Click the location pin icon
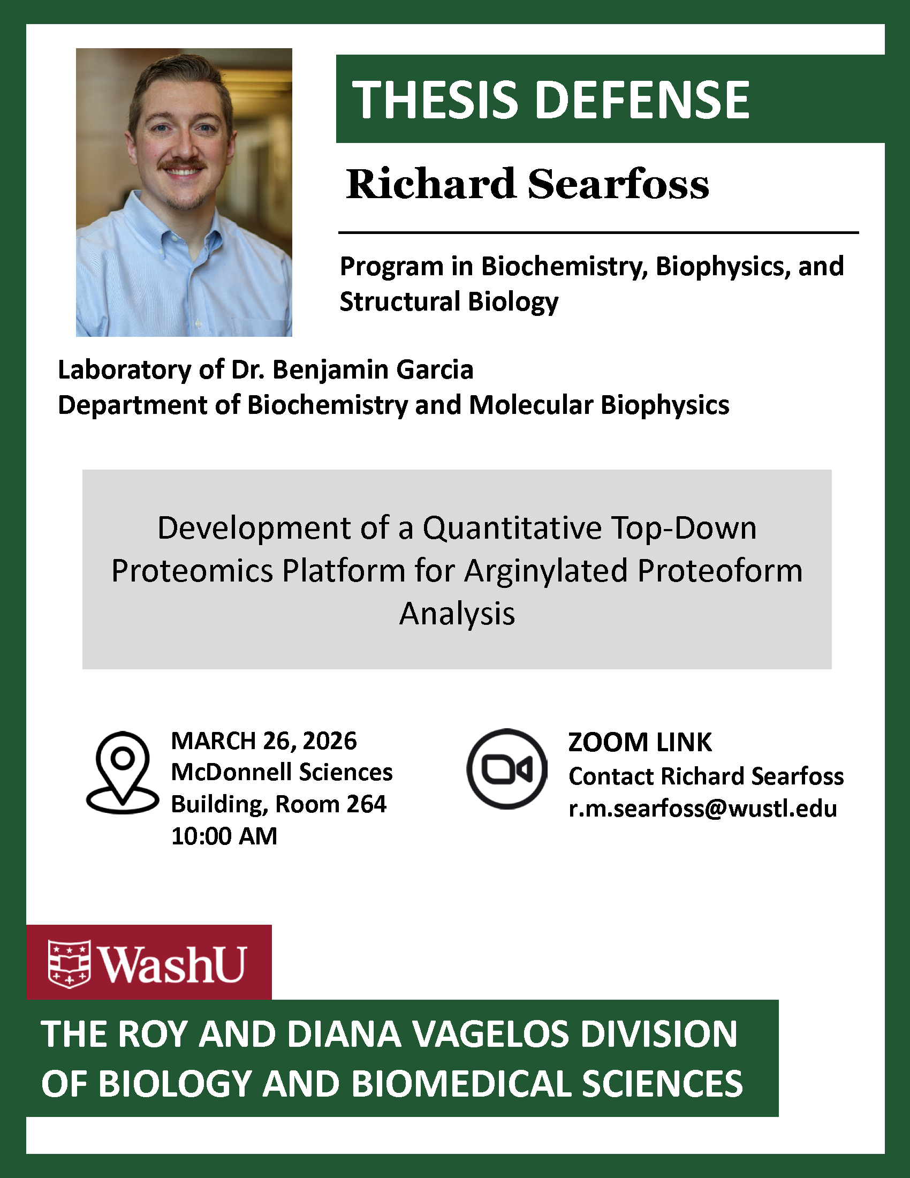[x=123, y=772]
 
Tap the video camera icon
[x=507, y=769]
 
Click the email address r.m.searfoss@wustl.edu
[x=702, y=809]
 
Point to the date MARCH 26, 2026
[x=263, y=741]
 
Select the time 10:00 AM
[x=224, y=836]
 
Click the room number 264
[x=367, y=804]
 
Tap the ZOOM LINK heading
[x=640, y=742]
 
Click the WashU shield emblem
[x=70, y=964]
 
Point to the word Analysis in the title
[x=457, y=614]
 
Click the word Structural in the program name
[x=399, y=301]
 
